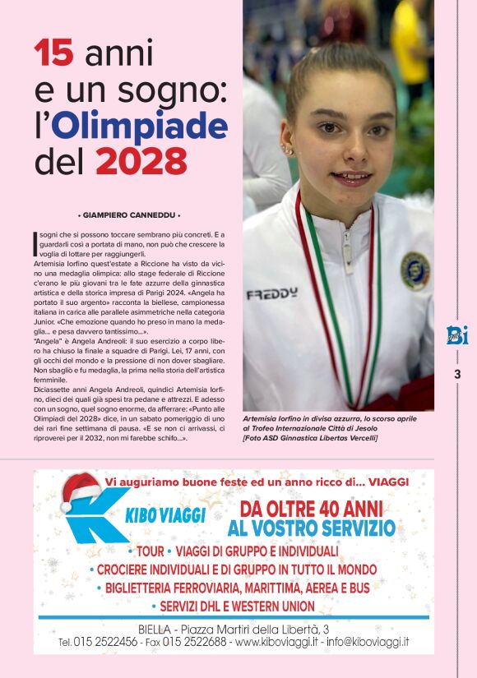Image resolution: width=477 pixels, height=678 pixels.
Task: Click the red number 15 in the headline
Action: tap(54, 55)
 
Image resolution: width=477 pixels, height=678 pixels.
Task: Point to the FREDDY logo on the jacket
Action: tap(271, 293)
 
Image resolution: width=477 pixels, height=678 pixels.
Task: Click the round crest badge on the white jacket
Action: tap(414, 270)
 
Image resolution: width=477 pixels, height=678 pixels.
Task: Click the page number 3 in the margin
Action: tap(457, 376)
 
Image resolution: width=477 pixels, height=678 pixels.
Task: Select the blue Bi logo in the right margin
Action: tap(457, 335)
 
